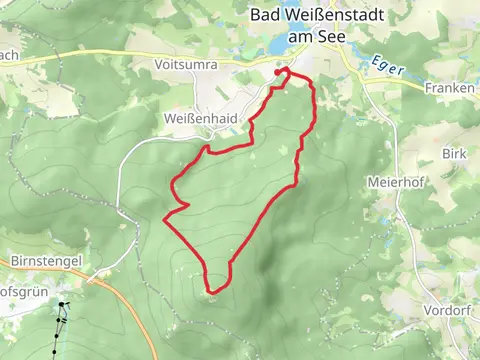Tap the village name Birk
coord(454,155)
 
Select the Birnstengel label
coord(44,259)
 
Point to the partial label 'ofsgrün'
coord(21,282)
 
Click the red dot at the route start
coord(278,72)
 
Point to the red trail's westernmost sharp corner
coord(164,217)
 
